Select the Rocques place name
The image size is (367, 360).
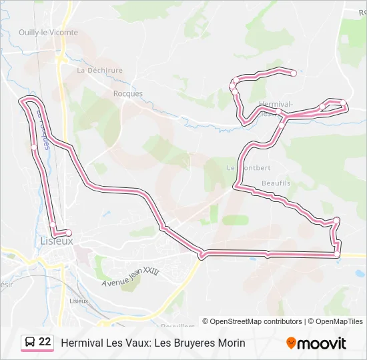[x=127, y=93]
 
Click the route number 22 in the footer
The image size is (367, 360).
[x=45, y=342]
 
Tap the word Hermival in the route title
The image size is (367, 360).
[x=81, y=343]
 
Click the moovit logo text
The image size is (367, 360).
[x=322, y=343]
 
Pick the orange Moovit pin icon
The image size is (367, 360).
[x=291, y=343]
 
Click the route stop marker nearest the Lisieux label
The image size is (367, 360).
[x=68, y=233]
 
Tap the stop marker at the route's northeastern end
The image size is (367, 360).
[x=294, y=73]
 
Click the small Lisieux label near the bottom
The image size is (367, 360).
[x=79, y=301]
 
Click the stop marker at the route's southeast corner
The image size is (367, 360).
[x=337, y=254]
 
